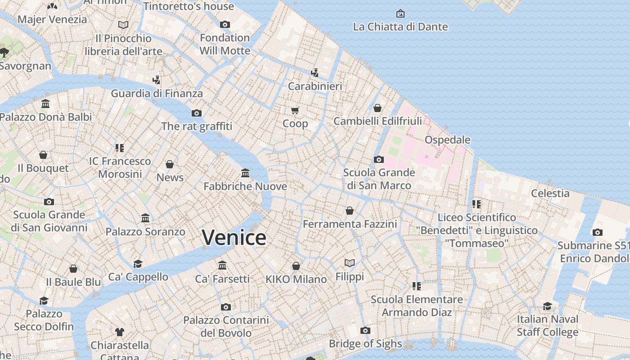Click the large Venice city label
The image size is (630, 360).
coord(234,237)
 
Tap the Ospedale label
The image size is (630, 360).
coord(447,139)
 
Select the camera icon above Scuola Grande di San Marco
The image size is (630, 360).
coord(379,159)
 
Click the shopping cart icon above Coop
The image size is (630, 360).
coord(295,110)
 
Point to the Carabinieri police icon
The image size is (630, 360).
coord(315,72)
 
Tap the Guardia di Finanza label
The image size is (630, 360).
coord(157,94)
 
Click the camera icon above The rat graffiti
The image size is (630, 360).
coord(197,113)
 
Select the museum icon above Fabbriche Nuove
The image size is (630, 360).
coord(245,173)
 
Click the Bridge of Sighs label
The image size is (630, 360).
coord(365,344)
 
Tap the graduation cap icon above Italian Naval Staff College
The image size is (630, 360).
coord(547,306)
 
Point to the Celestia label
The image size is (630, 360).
coord(550,193)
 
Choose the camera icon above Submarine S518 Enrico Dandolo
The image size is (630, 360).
coord(598,233)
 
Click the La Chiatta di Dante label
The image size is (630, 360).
coord(400,27)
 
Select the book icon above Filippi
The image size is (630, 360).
coord(350,263)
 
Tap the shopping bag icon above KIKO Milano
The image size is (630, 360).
coord(296,266)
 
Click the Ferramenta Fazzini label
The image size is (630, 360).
coord(350,224)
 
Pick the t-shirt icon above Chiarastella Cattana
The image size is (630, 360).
coord(119,332)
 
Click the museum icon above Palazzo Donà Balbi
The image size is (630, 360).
coord(45,104)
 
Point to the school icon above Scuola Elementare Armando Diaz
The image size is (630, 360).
coord(417,286)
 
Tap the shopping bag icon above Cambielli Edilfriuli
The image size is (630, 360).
coord(378,108)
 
